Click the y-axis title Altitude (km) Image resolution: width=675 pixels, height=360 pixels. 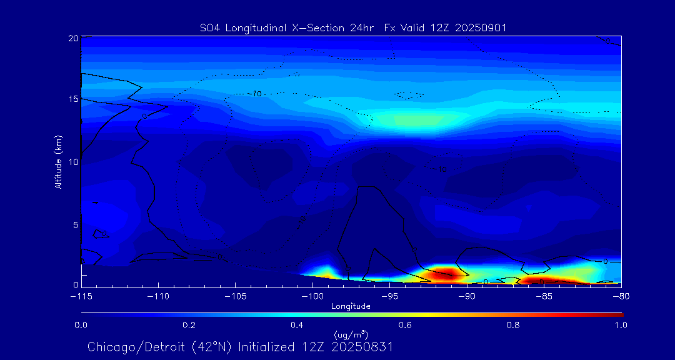(x=59, y=161)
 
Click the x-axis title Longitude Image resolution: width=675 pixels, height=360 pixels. (x=351, y=306)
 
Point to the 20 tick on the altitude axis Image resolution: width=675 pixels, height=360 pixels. (x=73, y=38)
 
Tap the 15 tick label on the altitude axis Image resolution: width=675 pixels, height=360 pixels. (x=73, y=99)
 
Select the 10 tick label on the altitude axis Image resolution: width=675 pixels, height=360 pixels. (x=73, y=162)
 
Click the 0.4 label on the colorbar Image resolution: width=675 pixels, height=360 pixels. (x=297, y=325)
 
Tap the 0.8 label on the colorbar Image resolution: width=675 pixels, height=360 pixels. (x=513, y=325)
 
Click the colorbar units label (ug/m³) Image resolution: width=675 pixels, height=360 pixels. (x=351, y=335)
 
